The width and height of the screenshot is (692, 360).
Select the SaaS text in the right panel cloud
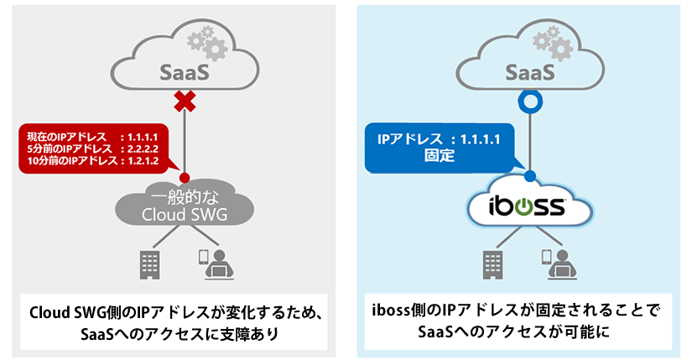(529, 71)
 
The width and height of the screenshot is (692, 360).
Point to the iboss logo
(529, 206)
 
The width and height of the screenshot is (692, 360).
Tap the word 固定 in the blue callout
(440, 155)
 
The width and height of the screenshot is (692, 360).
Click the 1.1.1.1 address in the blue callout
(477, 139)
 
